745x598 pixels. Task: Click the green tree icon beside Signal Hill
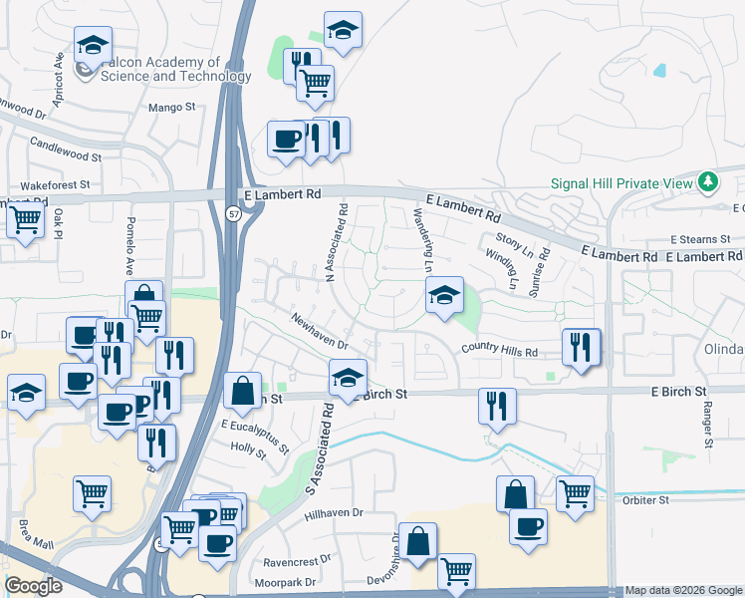(708, 182)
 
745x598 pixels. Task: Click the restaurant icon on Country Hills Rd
(581, 347)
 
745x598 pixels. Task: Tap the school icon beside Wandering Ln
(445, 295)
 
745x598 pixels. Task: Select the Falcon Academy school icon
(93, 45)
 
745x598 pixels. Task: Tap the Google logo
(34, 586)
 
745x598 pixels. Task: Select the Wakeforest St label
(55, 185)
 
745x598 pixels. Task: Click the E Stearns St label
(701, 240)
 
